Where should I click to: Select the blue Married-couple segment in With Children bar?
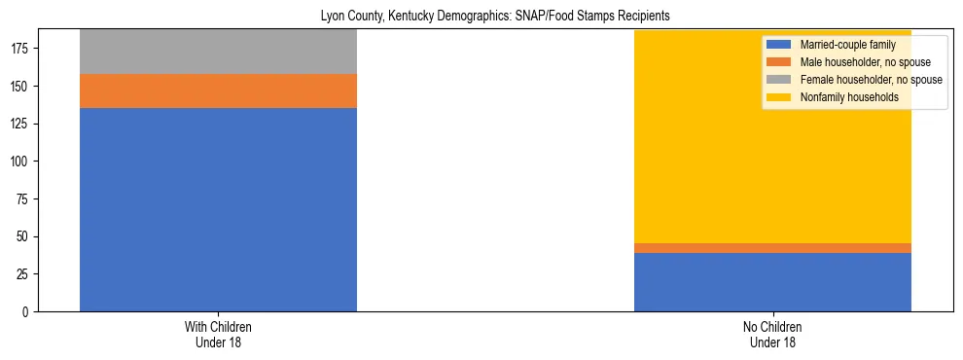[218, 209]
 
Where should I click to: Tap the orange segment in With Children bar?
[218, 90]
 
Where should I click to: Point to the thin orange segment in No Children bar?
[772, 248]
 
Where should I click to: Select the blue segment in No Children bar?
[772, 282]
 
